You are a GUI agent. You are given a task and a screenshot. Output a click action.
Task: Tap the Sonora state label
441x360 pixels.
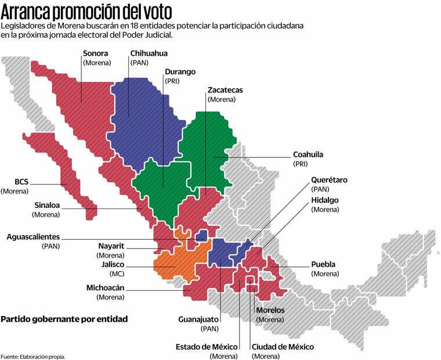[96, 53]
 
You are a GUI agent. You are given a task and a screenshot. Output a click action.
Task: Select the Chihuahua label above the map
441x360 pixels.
[149, 53]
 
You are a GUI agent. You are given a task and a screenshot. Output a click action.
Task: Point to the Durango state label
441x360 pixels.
[180, 72]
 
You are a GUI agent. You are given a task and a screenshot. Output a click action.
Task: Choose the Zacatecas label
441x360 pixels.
[225, 91]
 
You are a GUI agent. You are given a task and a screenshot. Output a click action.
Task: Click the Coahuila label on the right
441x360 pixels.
[308, 155]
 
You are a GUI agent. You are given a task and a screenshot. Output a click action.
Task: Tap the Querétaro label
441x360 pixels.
[329, 180]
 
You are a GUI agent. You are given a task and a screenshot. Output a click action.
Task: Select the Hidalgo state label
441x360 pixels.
[325, 200]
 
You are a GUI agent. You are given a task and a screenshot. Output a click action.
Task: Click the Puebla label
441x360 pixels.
[323, 264]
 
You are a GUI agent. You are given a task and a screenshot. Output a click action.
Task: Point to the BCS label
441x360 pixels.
[22, 181]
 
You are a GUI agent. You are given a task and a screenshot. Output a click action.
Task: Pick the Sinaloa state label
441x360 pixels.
[46, 205]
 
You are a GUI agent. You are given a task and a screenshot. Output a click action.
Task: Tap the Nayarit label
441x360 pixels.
[111, 246]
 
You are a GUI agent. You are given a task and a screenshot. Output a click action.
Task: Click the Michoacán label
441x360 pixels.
[105, 287]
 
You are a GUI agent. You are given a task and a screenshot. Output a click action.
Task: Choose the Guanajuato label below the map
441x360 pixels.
[199, 319]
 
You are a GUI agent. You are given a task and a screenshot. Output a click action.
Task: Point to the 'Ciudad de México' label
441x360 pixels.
[283, 347]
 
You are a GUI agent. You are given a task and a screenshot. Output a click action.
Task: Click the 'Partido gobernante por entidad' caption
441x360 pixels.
[64, 319]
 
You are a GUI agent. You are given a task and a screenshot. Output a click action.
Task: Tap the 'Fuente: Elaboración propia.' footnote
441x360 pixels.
[33, 356]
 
